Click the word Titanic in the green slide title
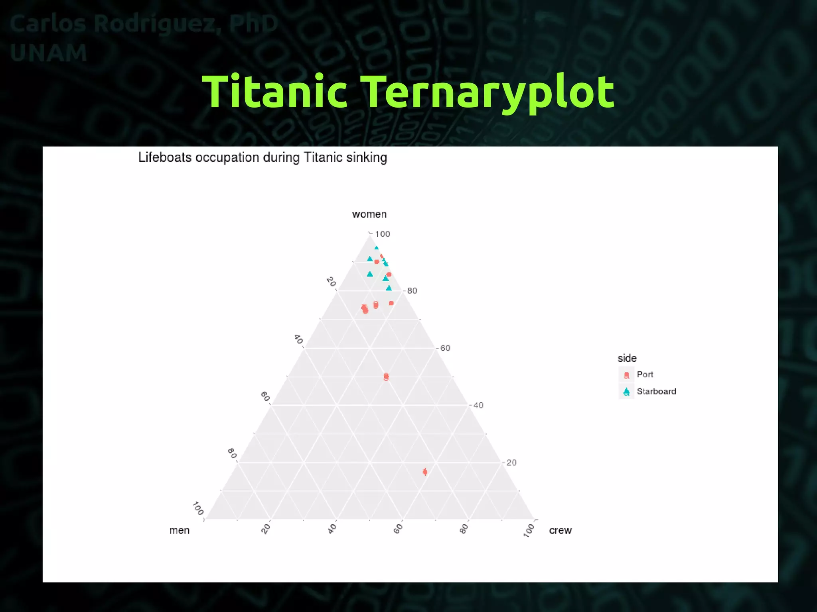[275, 91]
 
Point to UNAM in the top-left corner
[48, 53]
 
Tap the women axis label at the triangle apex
[369, 214]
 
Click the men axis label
[179, 530]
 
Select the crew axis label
[560, 530]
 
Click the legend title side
[627, 358]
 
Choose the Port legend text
[645, 375]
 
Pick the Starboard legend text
[656, 391]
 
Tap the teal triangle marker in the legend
[626, 391]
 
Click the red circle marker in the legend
[626, 375]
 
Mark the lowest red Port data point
[425, 472]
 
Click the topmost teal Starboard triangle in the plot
[376, 248]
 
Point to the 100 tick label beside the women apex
[382, 234]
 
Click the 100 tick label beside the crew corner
[529, 530]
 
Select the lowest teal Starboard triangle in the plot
[389, 288]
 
